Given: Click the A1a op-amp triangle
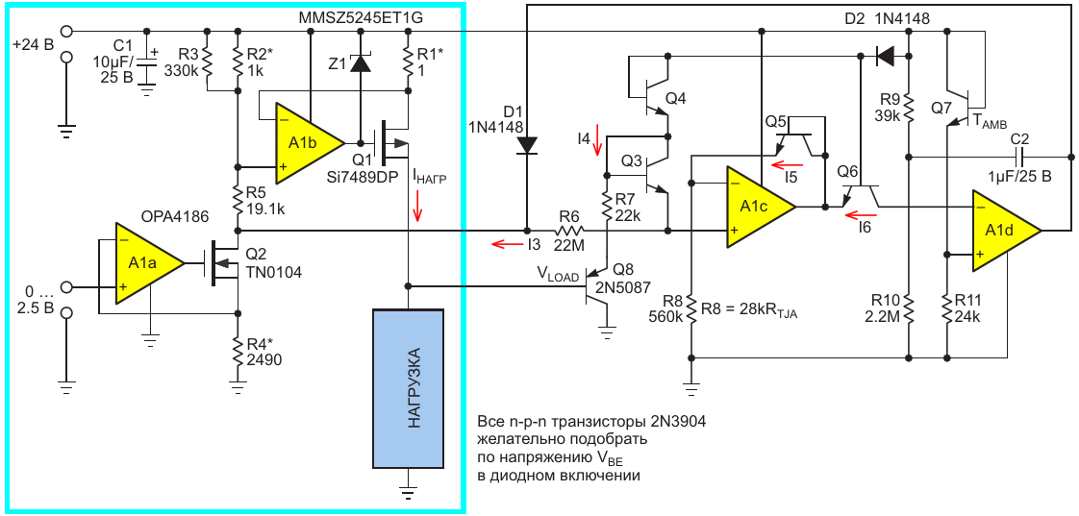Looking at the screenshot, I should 145,261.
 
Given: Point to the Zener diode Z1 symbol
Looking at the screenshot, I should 360,63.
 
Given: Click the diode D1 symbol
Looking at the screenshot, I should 527,144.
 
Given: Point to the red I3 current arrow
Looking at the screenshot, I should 502,244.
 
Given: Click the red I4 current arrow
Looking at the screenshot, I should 598,140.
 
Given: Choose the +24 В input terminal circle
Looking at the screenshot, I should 66,32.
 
